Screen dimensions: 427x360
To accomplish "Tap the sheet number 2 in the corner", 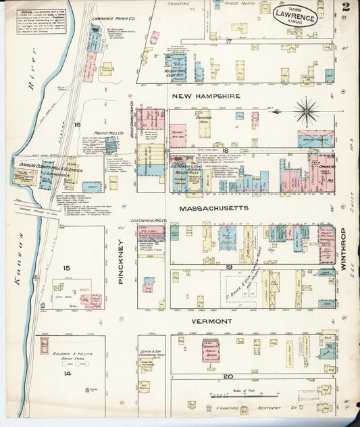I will tap(345, 7).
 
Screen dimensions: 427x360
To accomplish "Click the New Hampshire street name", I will tap(206, 96).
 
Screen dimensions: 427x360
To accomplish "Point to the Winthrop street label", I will tap(343, 247).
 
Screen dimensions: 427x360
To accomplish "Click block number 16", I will tap(78, 124).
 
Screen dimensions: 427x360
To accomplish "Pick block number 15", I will tap(67, 268).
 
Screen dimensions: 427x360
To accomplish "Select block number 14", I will tap(67, 372).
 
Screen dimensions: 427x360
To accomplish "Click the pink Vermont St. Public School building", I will tap(211, 350).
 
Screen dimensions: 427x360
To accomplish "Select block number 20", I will tap(228, 376).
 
